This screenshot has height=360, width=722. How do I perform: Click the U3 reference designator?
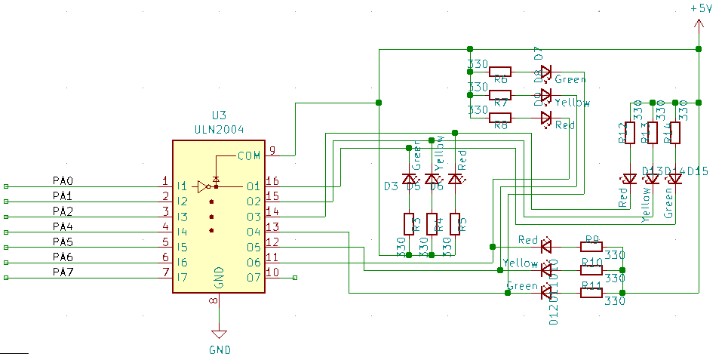(219, 115)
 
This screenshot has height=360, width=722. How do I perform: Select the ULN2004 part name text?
(219, 129)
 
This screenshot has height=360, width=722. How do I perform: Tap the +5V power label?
(701, 8)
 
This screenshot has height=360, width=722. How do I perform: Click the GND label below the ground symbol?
(220, 349)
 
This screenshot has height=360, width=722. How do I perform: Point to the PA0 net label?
(63, 181)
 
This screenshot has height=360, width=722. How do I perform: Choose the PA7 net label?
(63, 272)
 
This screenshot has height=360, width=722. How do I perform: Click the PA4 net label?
(63, 226)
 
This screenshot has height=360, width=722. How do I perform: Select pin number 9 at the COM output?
(272, 151)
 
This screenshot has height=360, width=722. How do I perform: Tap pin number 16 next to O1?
(272, 181)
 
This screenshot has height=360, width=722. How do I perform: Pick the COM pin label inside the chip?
(248, 156)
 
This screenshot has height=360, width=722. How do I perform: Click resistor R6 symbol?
(500, 72)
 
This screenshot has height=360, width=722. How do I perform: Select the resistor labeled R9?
(591, 245)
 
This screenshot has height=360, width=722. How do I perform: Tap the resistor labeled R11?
(591, 292)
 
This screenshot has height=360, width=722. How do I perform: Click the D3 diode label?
(391, 186)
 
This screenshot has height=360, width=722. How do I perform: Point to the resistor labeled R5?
(455, 224)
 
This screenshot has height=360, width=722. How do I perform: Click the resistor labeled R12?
(630, 133)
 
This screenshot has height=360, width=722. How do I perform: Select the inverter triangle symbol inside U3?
(202, 186)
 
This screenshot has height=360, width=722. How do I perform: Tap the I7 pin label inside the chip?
(182, 278)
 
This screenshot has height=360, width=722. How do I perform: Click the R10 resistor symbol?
(591, 269)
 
